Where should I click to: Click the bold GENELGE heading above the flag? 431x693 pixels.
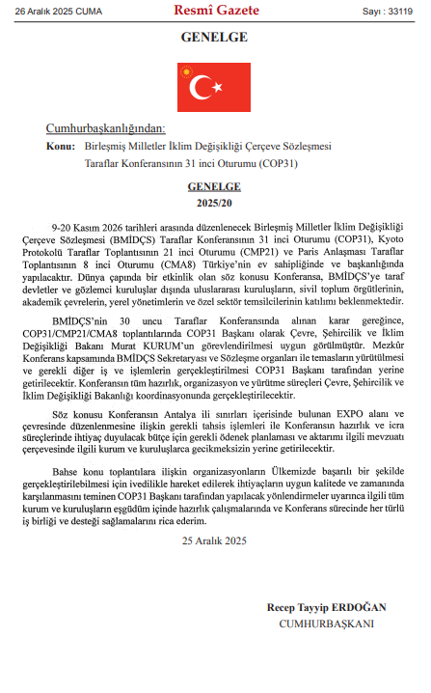(x=214, y=39)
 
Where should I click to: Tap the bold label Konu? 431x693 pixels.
(x=60, y=145)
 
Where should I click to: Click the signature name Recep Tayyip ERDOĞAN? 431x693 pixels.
(x=326, y=607)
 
